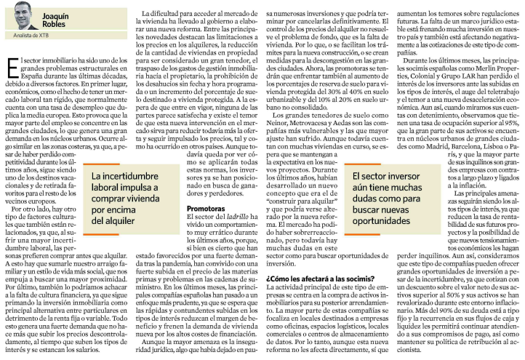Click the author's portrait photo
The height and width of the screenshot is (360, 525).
(19, 15)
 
